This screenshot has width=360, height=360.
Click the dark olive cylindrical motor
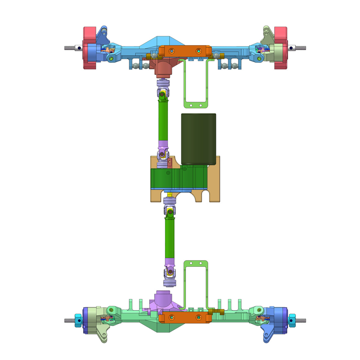(x=198, y=139)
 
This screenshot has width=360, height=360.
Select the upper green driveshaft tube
(x=163, y=121)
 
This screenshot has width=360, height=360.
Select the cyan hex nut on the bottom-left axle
(x=78, y=320)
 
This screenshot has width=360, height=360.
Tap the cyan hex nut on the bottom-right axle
(x=292, y=320)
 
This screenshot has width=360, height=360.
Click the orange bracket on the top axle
(x=185, y=51)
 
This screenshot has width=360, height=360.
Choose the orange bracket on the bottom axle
(x=185, y=317)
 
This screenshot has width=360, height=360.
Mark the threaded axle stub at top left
(x=69, y=48)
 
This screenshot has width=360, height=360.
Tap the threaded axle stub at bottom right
(x=301, y=320)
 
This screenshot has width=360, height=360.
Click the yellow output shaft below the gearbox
(x=170, y=195)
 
